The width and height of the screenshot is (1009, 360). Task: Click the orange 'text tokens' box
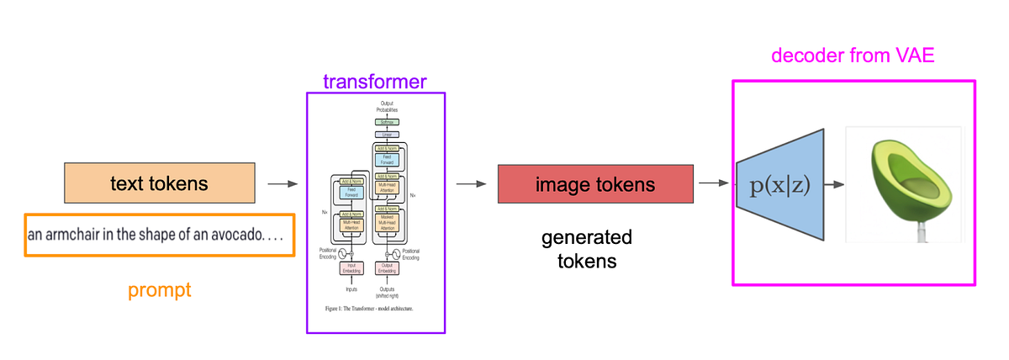(160, 183)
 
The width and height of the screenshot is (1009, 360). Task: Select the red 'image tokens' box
(595, 183)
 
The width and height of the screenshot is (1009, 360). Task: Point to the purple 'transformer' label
(375, 82)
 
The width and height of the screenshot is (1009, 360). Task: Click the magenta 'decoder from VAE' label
(853, 56)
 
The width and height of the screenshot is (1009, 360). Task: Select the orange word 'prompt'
(160, 291)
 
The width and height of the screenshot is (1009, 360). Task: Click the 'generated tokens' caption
(587, 249)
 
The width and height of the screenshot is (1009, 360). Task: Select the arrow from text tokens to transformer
(283, 183)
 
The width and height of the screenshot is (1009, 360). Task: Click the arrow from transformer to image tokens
(471, 183)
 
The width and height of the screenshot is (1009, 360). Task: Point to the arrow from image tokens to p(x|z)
(713, 183)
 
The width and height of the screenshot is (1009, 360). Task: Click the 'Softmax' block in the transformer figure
(387, 122)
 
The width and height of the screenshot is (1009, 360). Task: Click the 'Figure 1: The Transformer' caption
(375, 309)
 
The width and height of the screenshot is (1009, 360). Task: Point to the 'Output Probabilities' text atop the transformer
(387, 107)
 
